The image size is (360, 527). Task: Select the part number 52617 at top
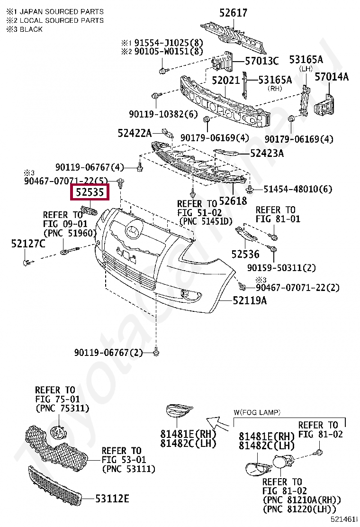233,13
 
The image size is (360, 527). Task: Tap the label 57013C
262,60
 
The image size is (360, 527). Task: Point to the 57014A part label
332,76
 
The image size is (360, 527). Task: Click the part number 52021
225,81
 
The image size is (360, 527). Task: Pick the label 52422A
135,134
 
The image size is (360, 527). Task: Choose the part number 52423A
267,153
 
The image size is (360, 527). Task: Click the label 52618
233,201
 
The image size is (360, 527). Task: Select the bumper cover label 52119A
249,300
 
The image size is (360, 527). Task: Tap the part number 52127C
28,244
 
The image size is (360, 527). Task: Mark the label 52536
245,254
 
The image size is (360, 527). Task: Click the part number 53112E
112,498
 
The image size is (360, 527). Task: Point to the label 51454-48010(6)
297,189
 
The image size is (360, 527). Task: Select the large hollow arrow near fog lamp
218,421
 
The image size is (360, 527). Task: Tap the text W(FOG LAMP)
257,413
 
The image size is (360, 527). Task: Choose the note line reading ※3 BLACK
25,29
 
